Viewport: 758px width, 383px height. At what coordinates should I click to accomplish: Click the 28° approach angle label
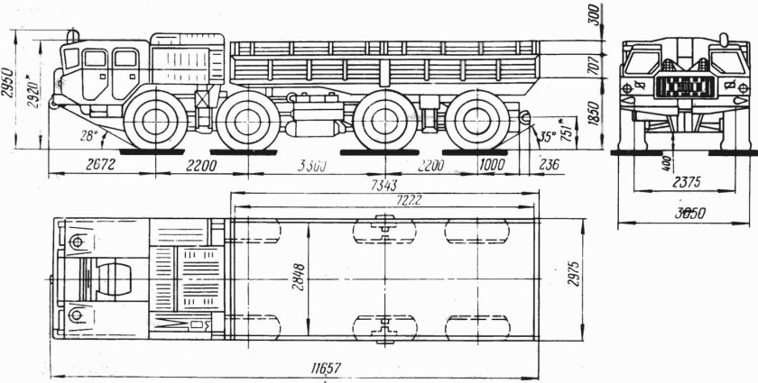[x=88, y=135]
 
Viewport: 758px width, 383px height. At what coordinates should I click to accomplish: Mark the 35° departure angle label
[x=547, y=138]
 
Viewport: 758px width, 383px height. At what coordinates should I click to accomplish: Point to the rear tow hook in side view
[x=522, y=116]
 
